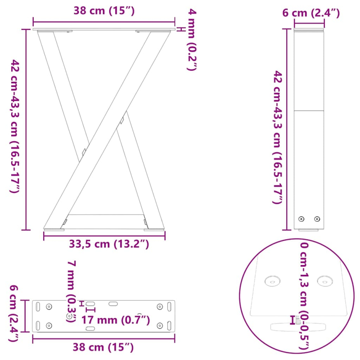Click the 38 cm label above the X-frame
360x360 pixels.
tap(103, 11)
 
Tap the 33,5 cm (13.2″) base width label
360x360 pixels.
tap(108, 244)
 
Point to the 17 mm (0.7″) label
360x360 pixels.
tap(116, 320)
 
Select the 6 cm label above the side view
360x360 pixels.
tap(310, 13)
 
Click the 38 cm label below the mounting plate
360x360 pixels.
tap(103, 346)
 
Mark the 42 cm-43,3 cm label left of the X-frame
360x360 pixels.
tap(14, 127)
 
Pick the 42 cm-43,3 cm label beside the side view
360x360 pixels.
tap(279, 137)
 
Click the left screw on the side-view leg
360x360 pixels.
tap(301, 219)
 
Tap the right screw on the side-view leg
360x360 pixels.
tap(317, 219)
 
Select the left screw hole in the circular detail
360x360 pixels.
tap(272, 281)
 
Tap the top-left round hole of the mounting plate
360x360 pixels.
tap(49, 306)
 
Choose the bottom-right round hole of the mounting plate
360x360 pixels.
tap(159, 325)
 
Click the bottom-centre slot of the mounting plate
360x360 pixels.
tap(90, 329)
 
